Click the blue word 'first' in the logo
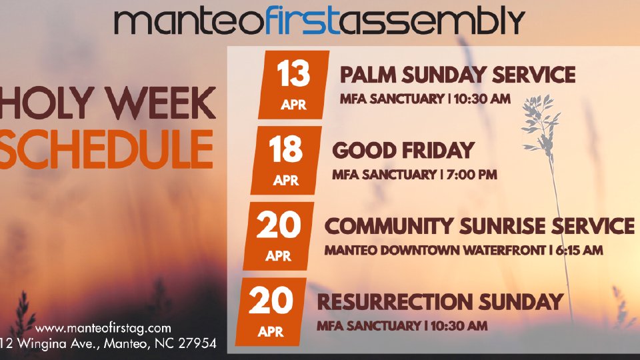click(302, 21)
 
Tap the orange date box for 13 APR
click(294, 85)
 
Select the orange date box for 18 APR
click(286, 161)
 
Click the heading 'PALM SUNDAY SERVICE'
click(457, 75)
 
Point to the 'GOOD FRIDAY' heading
click(403, 151)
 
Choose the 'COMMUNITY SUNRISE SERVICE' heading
click(479, 226)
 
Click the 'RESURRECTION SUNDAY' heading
click(440, 301)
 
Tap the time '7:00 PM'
click(472, 175)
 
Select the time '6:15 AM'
click(579, 250)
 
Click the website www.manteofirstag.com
click(103, 328)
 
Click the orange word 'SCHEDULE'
click(107, 149)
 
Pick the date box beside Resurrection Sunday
click(271, 312)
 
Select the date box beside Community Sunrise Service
click(279, 236)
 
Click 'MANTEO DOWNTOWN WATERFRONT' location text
click(435, 250)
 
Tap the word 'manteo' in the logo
click(189, 22)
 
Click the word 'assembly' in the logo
click(432, 21)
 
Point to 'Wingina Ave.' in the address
click(57, 343)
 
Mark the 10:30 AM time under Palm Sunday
click(482, 99)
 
